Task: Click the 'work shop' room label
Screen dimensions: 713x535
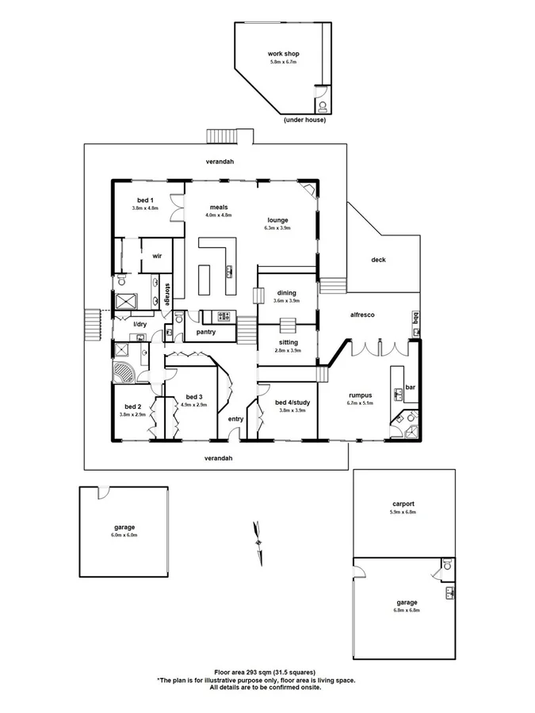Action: click(283, 54)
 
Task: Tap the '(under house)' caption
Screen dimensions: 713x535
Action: click(304, 120)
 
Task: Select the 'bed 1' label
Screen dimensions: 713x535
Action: click(144, 200)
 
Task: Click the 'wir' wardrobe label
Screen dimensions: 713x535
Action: click(157, 256)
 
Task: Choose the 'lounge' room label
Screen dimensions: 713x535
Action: click(277, 219)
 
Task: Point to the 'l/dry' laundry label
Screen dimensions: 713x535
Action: click(139, 324)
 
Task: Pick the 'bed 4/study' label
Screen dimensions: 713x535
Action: click(292, 402)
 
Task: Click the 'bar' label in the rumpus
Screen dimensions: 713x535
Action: click(411, 387)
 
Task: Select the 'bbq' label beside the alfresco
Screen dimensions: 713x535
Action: click(414, 318)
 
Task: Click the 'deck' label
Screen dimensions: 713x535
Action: click(378, 259)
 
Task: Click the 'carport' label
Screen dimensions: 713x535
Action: click(403, 503)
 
